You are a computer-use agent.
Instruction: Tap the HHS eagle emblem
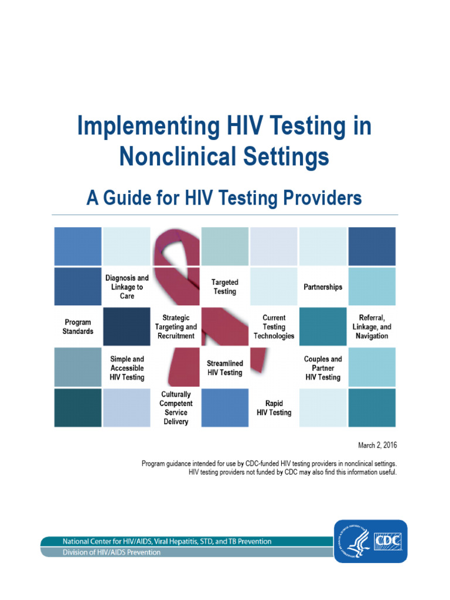coord(354,540)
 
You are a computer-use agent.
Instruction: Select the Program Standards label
coord(78,327)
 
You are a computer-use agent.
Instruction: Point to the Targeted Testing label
coord(225,287)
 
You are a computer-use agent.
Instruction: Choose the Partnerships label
coord(323,287)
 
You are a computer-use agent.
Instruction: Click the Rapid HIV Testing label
coord(274,408)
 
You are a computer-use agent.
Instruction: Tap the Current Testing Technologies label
coord(274,327)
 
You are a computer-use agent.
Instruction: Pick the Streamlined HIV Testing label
coord(224,368)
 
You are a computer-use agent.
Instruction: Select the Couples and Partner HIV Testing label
coord(323,368)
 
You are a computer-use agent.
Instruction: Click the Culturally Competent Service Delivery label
coord(176,408)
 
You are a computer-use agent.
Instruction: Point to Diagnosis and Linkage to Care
coord(127,287)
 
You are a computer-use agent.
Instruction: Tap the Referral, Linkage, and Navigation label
coord(371,327)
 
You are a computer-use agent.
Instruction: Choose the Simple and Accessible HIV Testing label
coord(127,368)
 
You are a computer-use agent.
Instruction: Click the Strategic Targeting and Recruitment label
coord(176,327)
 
